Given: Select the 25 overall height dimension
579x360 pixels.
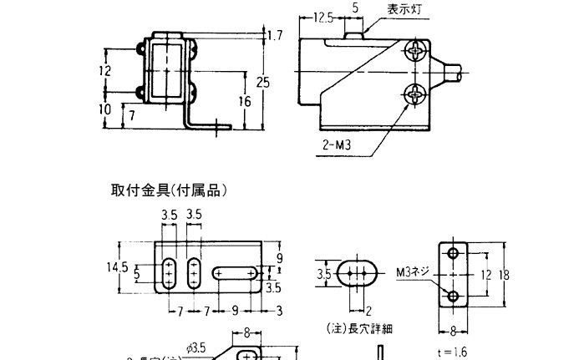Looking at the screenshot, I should pos(263,83).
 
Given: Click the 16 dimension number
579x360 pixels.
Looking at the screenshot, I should pos(245,101).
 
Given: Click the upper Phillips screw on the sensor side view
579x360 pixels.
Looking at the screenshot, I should pos(416,53).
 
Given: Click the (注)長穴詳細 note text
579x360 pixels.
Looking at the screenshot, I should pos(352,328).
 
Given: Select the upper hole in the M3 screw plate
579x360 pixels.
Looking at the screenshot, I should pos(453,253).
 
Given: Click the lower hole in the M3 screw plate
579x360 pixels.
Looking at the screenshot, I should pos(453,296).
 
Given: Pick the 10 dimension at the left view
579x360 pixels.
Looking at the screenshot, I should pos(104,109).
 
